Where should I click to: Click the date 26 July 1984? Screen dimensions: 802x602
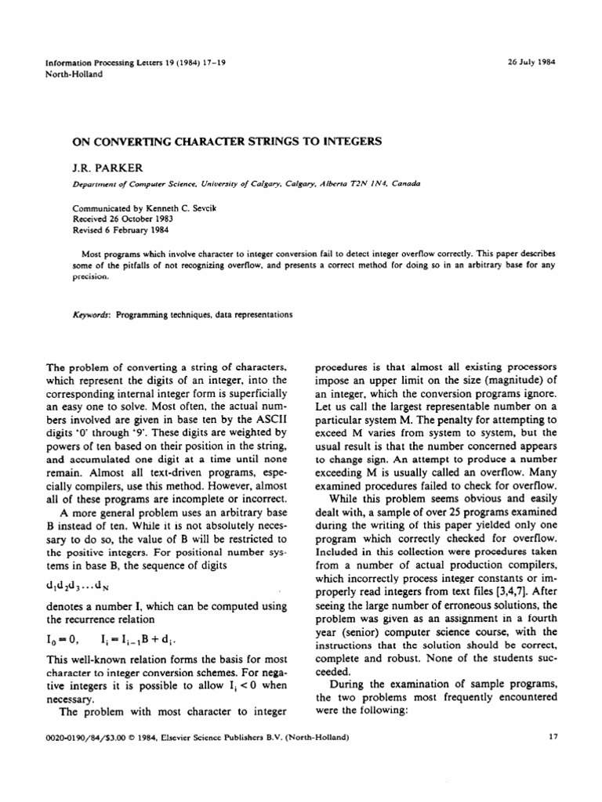pyautogui.click(x=531, y=63)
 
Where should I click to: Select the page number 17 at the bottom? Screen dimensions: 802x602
pyautogui.click(x=549, y=737)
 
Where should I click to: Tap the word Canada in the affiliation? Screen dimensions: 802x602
pyautogui.click(x=404, y=183)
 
